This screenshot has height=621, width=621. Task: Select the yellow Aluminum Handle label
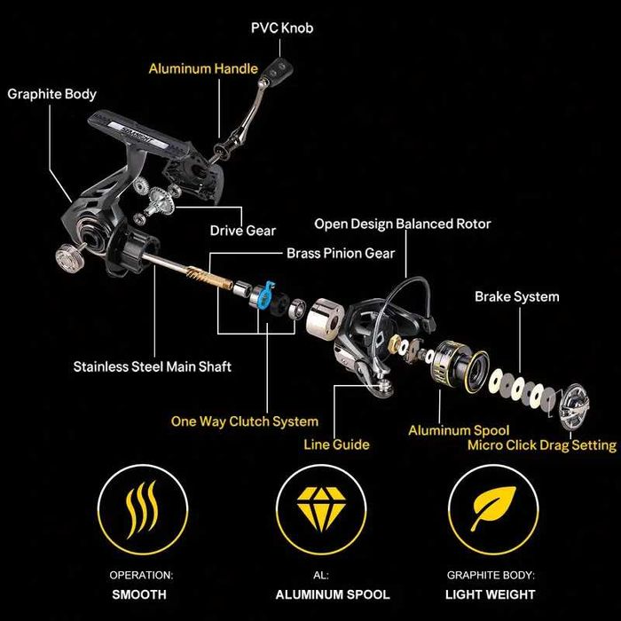click(x=203, y=68)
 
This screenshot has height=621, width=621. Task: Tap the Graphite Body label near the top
click(x=51, y=93)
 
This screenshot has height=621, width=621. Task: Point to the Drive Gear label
click(x=242, y=231)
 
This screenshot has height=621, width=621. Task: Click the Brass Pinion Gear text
click(x=340, y=253)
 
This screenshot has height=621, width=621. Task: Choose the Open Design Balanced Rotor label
click(x=402, y=224)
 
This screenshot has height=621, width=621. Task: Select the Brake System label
click(x=516, y=296)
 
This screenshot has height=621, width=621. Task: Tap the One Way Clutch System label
click(x=244, y=421)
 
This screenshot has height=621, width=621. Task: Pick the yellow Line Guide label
click(x=336, y=444)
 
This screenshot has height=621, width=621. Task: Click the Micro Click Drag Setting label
click(x=541, y=445)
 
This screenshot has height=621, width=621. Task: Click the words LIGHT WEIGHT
click(x=491, y=593)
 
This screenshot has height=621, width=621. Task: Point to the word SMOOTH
click(x=141, y=593)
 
